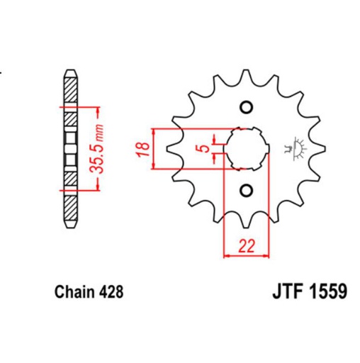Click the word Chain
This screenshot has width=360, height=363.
71,291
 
